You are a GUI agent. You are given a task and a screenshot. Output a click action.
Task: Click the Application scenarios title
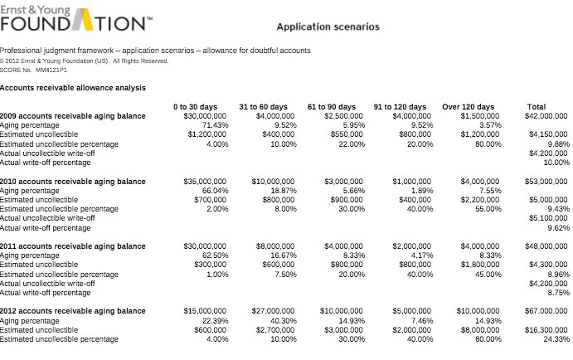[328, 27]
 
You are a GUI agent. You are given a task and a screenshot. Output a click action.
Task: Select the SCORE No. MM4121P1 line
[34, 71]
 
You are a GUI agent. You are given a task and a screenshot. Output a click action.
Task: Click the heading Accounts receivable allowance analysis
[73, 88]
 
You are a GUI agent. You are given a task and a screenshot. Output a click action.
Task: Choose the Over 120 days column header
[468, 107]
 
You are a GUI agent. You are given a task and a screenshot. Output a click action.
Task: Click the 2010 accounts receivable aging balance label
[73, 181]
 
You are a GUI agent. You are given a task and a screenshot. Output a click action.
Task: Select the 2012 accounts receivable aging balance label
[73, 311]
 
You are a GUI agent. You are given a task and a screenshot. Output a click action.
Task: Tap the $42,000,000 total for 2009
[546, 116]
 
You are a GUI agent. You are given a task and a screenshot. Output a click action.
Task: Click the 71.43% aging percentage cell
[214, 125]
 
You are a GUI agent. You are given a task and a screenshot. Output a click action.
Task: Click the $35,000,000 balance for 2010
[205, 181]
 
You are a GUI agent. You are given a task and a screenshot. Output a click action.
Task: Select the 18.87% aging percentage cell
[282, 190]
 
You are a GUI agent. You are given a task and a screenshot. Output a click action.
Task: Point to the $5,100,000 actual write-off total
[549, 218]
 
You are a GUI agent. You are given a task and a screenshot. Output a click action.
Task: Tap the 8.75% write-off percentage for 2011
[559, 293]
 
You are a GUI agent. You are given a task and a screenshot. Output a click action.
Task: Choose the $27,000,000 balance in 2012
[273, 311]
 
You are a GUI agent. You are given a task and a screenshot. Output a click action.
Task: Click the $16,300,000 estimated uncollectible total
[546, 330]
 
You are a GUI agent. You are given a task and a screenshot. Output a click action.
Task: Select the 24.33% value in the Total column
[556, 339]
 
